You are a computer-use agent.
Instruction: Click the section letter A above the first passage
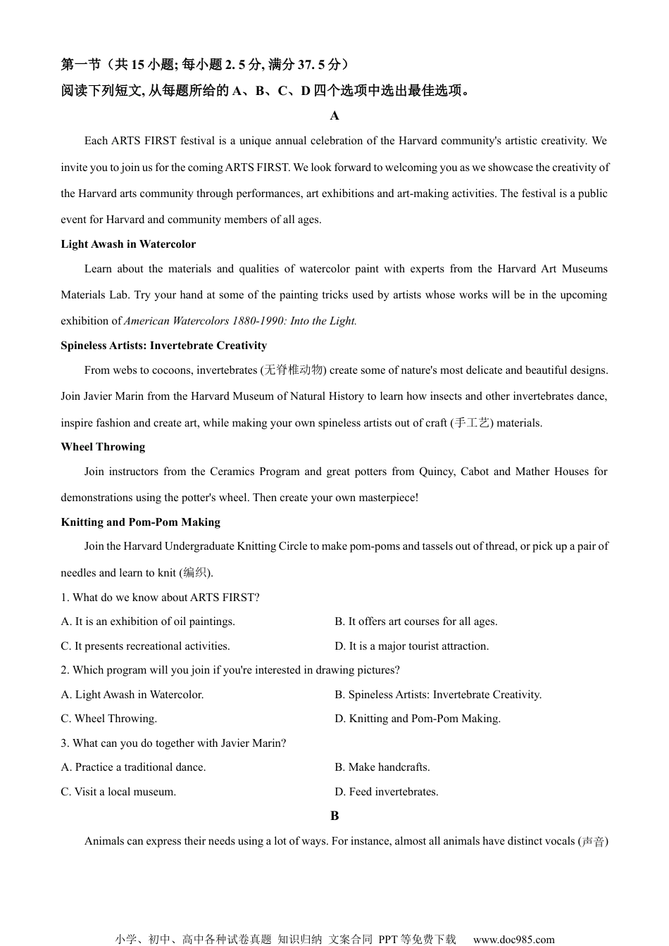coord(334,116)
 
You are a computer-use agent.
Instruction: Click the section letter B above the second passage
coord(334,816)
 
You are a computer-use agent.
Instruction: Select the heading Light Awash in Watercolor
coord(128,244)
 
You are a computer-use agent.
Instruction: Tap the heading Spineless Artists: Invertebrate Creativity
coord(163,346)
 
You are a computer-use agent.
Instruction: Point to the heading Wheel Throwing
coord(103,447)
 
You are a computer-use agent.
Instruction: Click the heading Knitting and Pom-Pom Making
coord(140,522)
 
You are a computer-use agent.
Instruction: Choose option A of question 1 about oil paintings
coord(148,622)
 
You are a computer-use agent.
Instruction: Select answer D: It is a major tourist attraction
coord(411,646)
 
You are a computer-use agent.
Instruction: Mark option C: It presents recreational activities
coord(145,646)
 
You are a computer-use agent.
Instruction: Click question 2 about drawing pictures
coord(230,670)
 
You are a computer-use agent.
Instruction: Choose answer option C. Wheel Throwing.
coord(108,719)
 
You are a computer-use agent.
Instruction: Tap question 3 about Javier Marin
coord(173,743)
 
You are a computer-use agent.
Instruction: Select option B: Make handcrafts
coord(382,767)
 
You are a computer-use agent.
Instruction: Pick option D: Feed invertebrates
coord(386,792)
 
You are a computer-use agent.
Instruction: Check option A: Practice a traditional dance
coord(133,767)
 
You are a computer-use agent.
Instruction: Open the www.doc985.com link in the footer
coord(513,939)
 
